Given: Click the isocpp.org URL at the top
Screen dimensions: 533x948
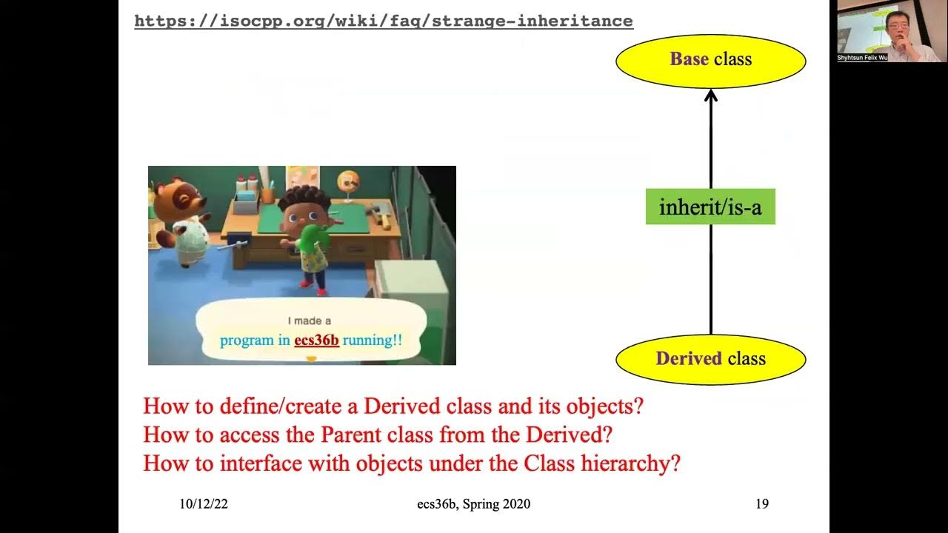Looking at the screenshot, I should pyautogui.click(x=383, y=21).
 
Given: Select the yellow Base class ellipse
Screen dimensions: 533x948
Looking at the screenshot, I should pyautogui.click(x=710, y=59).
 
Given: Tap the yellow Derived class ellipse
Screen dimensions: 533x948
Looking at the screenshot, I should pyautogui.click(x=710, y=359).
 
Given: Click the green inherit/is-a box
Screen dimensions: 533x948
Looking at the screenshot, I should pyautogui.click(x=710, y=207).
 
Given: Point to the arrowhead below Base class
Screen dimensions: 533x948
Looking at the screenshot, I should pyautogui.click(x=711, y=95).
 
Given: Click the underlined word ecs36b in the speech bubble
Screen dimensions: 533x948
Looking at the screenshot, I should pyautogui.click(x=316, y=341).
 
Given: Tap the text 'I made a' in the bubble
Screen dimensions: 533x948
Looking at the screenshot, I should pyautogui.click(x=309, y=321).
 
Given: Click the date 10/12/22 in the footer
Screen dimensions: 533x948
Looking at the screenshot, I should pyautogui.click(x=204, y=504).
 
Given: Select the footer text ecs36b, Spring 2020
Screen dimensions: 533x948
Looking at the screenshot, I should pyautogui.click(x=473, y=504).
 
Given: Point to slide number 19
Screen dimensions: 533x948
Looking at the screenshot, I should pyautogui.click(x=762, y=504).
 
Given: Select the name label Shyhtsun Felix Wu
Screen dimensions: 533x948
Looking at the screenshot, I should pyautogui.click(x=862, y=57).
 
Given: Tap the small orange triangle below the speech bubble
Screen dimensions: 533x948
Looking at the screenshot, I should pyautogui.click(x=311, y=359).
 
